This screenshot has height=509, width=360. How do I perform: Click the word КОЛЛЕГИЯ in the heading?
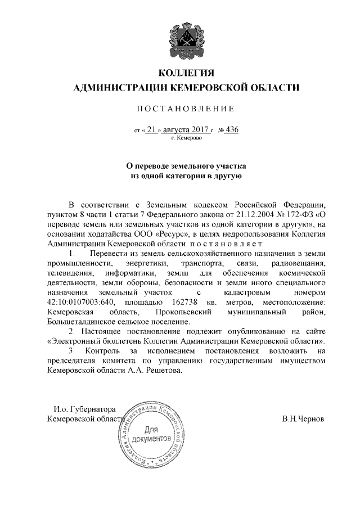coord(186,74)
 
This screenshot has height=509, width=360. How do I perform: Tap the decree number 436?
coord(231,130)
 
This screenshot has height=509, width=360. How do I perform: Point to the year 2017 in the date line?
coord(200,130)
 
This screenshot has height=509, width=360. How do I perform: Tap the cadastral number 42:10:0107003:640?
coord(81,302)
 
